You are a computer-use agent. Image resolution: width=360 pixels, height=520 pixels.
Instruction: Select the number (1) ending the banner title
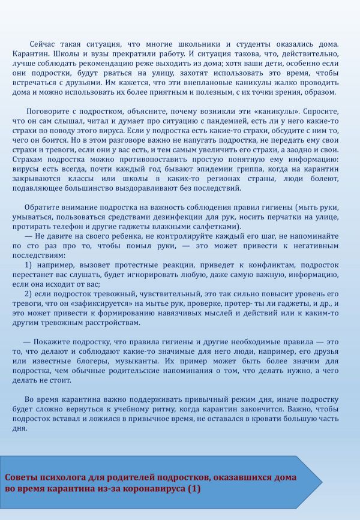(194, 489)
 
